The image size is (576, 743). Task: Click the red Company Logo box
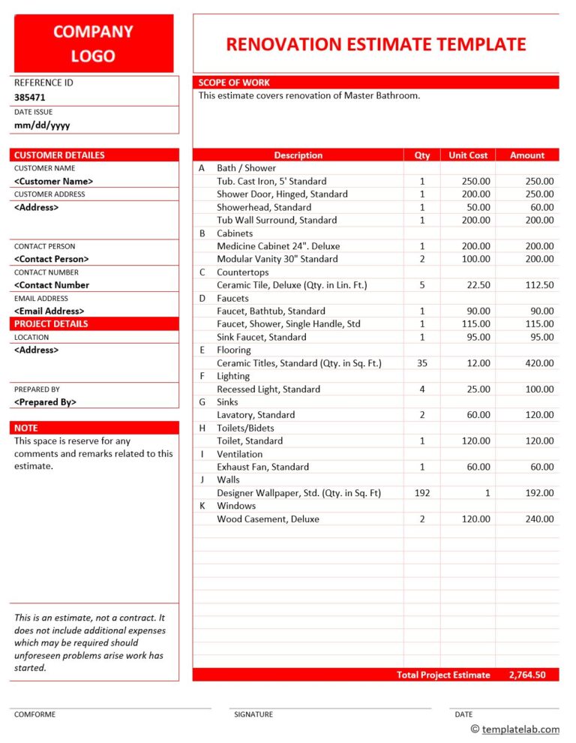[94, 44]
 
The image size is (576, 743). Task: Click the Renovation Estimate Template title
[376, 44]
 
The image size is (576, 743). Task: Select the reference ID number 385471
[30, 98]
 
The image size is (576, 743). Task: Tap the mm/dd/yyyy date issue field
[42, 125]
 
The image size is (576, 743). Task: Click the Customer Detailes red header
[60, 155]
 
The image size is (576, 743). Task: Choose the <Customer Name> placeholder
[54, 181]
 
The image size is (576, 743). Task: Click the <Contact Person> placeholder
[52, 259]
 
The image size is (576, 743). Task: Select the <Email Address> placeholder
[49, 311]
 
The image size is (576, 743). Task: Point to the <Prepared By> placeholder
[46, 402]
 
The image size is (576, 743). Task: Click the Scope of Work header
[235, 83]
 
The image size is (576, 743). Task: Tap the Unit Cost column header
[468, 155]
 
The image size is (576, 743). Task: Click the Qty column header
[422, 155]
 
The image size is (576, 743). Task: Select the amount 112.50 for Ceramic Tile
[539, 285]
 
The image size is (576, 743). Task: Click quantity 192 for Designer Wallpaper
[422, 493]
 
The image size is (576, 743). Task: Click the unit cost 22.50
[478, 285]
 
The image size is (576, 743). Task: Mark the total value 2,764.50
[527, 675]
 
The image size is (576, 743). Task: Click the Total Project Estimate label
[443, 675]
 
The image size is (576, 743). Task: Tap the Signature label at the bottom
[253, 714]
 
